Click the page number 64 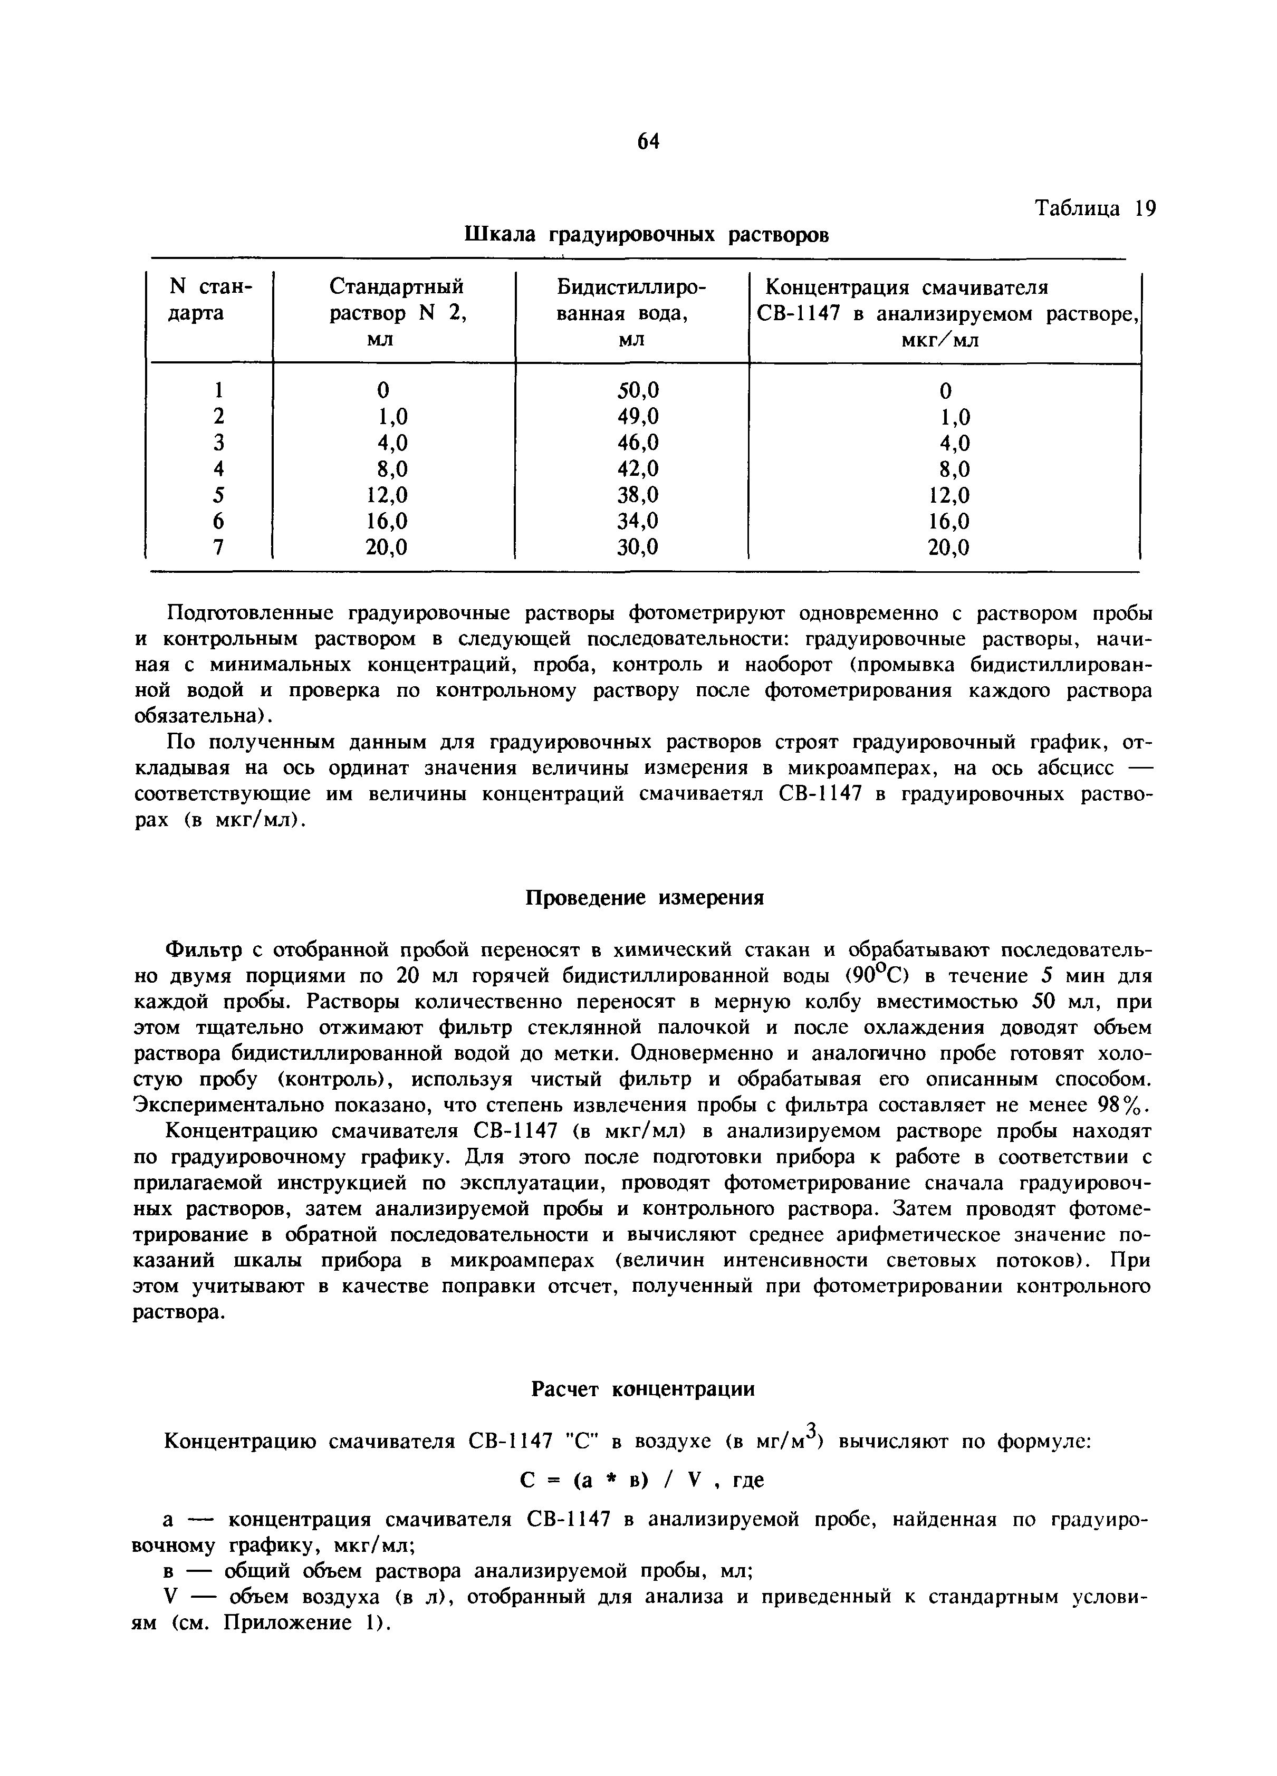(x=648, y=141)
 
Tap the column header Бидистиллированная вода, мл (x=631, y=314)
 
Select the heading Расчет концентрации (x=643, y=1389)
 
